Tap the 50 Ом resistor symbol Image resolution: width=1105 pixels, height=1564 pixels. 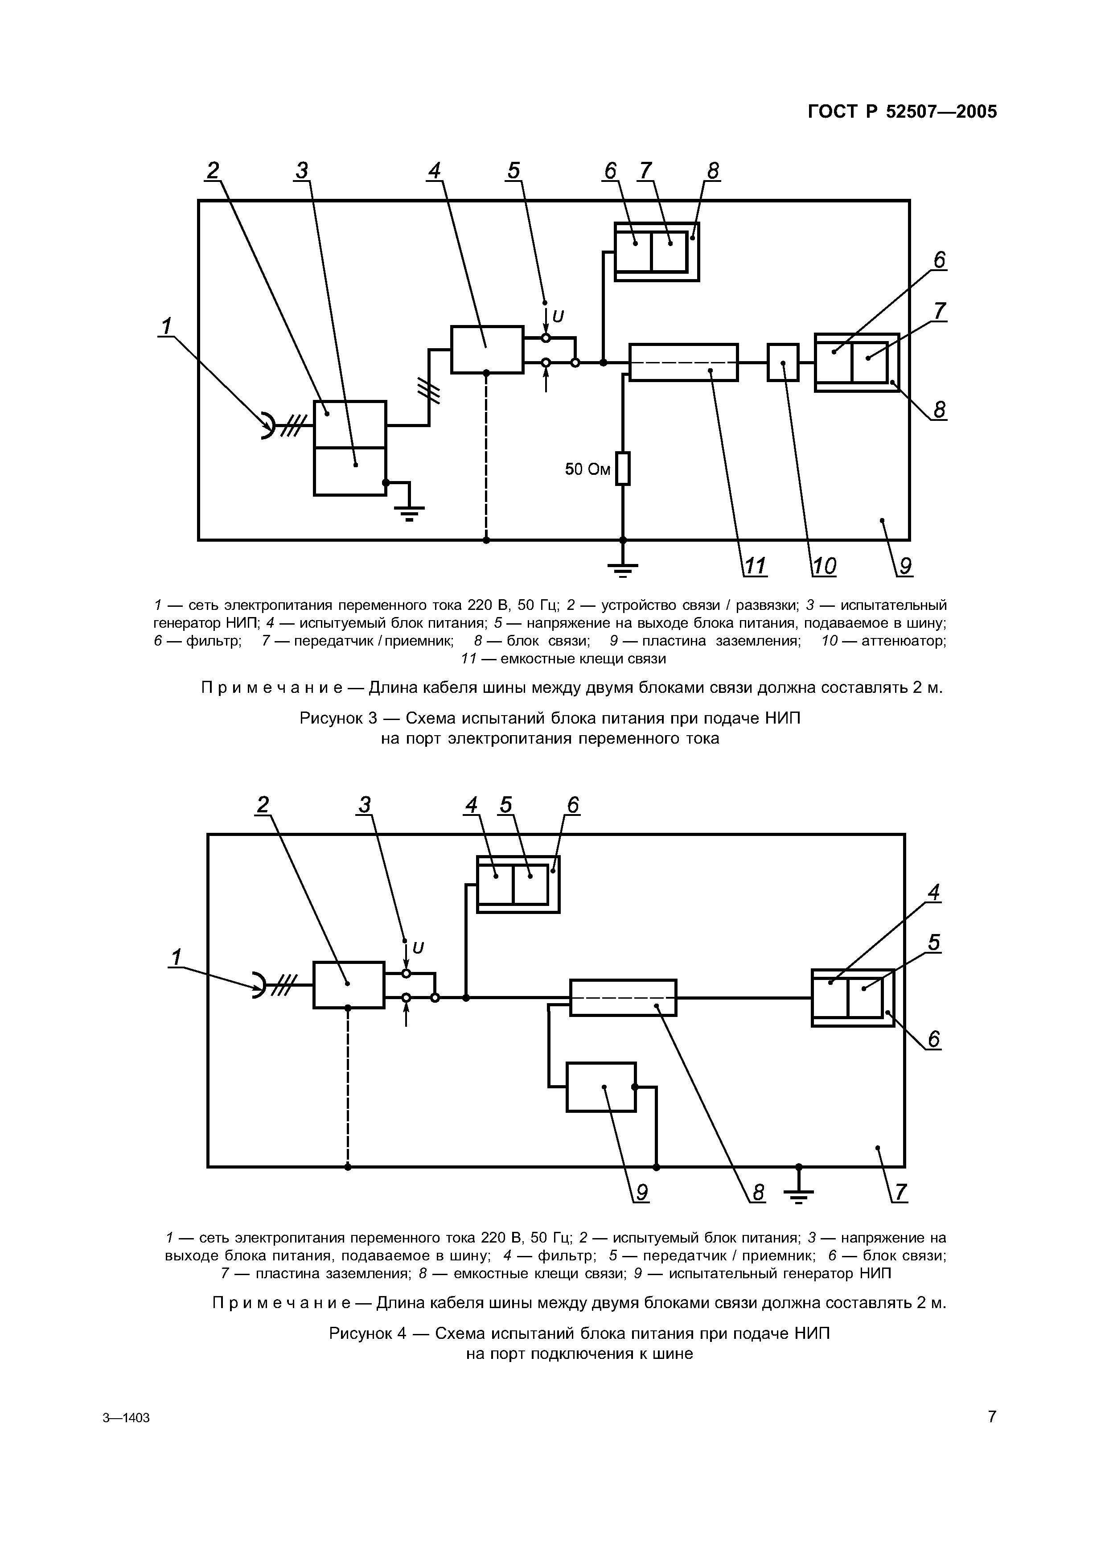click(622, 469)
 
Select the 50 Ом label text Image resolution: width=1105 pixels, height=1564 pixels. click(587, 469)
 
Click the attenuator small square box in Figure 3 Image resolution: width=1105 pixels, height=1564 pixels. click(783, 362)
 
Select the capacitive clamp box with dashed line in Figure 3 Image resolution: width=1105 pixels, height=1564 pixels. click(683, 362)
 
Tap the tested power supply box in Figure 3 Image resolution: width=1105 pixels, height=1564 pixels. click(487, 350)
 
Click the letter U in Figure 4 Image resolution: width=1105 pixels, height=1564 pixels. click(418, 948)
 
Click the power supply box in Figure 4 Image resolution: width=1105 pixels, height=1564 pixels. click(349, 984)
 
